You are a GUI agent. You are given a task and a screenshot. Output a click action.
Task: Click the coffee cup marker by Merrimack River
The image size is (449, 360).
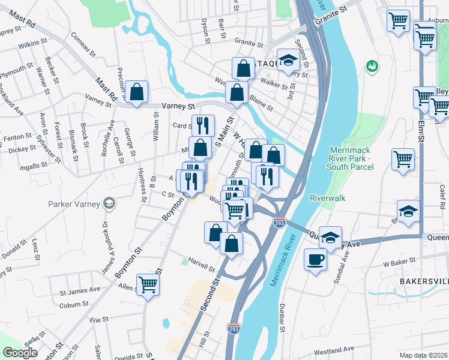315,260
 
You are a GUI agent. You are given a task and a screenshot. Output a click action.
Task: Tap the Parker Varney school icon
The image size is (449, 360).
109,203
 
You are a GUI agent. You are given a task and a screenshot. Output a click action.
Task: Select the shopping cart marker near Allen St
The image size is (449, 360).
148,284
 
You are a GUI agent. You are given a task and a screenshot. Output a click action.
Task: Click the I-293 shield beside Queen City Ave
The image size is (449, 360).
279,223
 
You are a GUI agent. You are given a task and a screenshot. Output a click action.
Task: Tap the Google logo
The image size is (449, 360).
20,352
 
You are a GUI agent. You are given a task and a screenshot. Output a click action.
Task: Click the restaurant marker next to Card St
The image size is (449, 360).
203,125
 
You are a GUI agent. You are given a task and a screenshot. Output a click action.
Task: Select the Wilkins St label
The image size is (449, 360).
32,44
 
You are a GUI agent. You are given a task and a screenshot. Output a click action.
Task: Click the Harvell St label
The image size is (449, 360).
201,265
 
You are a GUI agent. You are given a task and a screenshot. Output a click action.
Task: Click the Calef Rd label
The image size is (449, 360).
442,197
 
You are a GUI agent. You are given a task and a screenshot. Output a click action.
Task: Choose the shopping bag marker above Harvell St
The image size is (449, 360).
231,244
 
